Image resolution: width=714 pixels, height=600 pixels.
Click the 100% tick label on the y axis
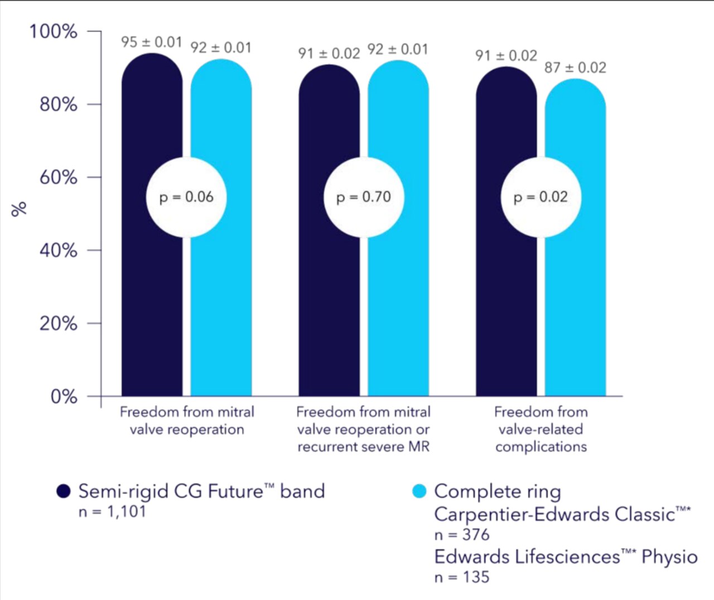(x=53, y=31)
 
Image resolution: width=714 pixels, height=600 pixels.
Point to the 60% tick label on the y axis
(x=57, y=177)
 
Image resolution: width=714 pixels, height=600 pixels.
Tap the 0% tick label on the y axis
(x=63, y=396)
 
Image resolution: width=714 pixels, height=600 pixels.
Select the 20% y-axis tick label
(x=57, y=323)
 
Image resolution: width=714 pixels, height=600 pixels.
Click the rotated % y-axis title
(x=19, y=209)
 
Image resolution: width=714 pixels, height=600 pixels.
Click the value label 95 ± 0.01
(x=151, y=42)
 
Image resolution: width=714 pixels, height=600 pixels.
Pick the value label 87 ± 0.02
(x=575, y=68)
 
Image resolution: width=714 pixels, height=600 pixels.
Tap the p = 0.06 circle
(x=186, y=197)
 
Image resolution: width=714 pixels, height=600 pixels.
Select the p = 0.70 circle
(x=363, y=197)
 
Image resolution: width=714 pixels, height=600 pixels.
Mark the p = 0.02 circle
(x=540, y=197)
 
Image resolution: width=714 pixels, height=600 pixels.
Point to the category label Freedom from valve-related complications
(x=541, y=429)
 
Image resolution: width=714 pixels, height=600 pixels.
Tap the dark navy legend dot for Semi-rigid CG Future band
(x=64, y=491)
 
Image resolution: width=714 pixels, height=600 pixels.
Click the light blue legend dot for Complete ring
(x=419, y=491)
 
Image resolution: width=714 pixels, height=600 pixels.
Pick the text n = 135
(x=461, y=577)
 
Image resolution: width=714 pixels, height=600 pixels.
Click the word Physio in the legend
(x=669, y=557)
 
